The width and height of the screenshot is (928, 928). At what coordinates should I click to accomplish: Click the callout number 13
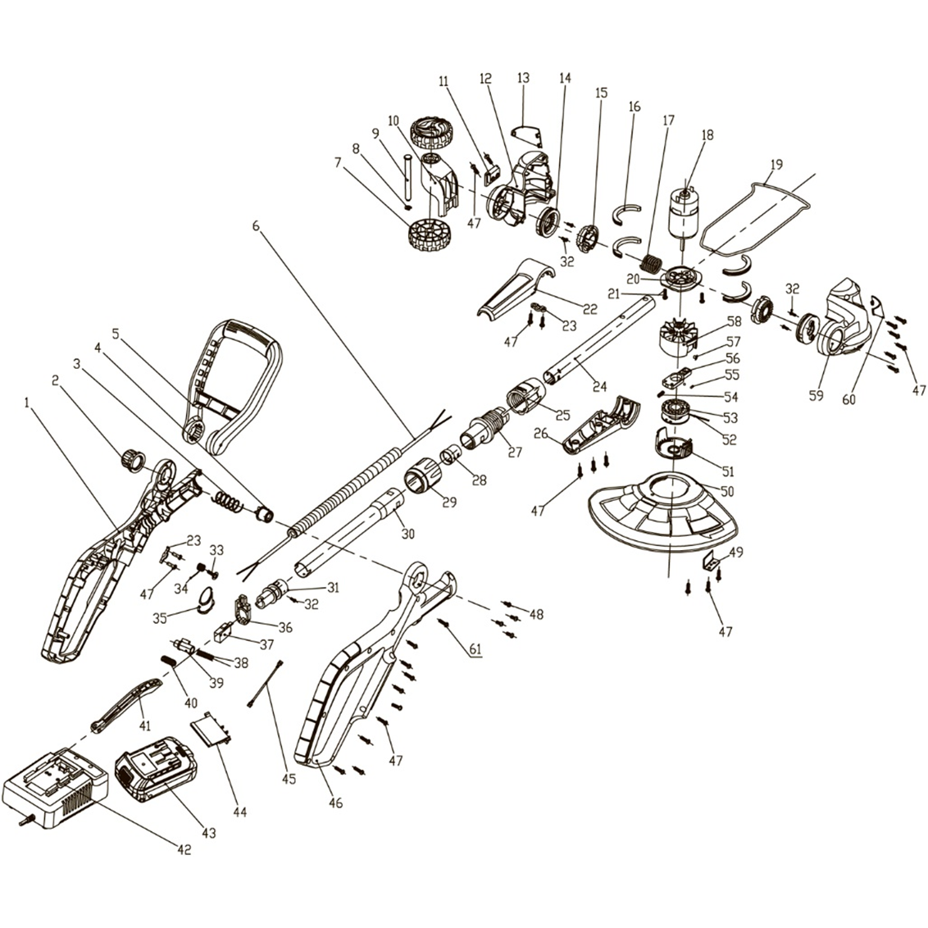point(523,78)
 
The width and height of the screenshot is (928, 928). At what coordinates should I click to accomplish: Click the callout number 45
point(289,779)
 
